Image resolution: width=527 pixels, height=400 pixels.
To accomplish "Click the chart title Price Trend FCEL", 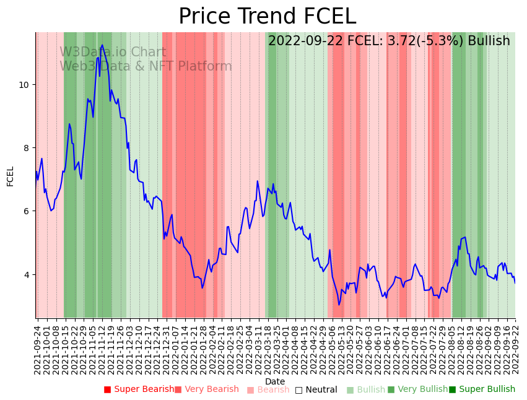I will click(x=267, y=17).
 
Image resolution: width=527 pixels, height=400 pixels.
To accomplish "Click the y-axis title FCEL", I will click(x=11, y=176).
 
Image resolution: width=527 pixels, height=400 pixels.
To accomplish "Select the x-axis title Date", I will click(x=275, y=381).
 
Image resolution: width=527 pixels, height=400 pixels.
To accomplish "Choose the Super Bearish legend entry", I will click(x=139, y=389).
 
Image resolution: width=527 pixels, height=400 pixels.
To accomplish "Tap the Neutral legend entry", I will click(x=316, y=389).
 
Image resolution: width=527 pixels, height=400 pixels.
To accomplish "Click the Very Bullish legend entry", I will click(x=417, y=389).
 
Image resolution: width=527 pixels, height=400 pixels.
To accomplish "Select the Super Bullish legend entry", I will click(x=482, y=389).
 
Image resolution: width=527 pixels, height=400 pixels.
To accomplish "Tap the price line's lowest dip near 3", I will click(x=339, y=305).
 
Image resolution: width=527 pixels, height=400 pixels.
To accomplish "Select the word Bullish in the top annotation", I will click(x=489, y=41).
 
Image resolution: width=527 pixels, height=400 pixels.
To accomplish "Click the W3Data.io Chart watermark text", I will click(x=113, y=53).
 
